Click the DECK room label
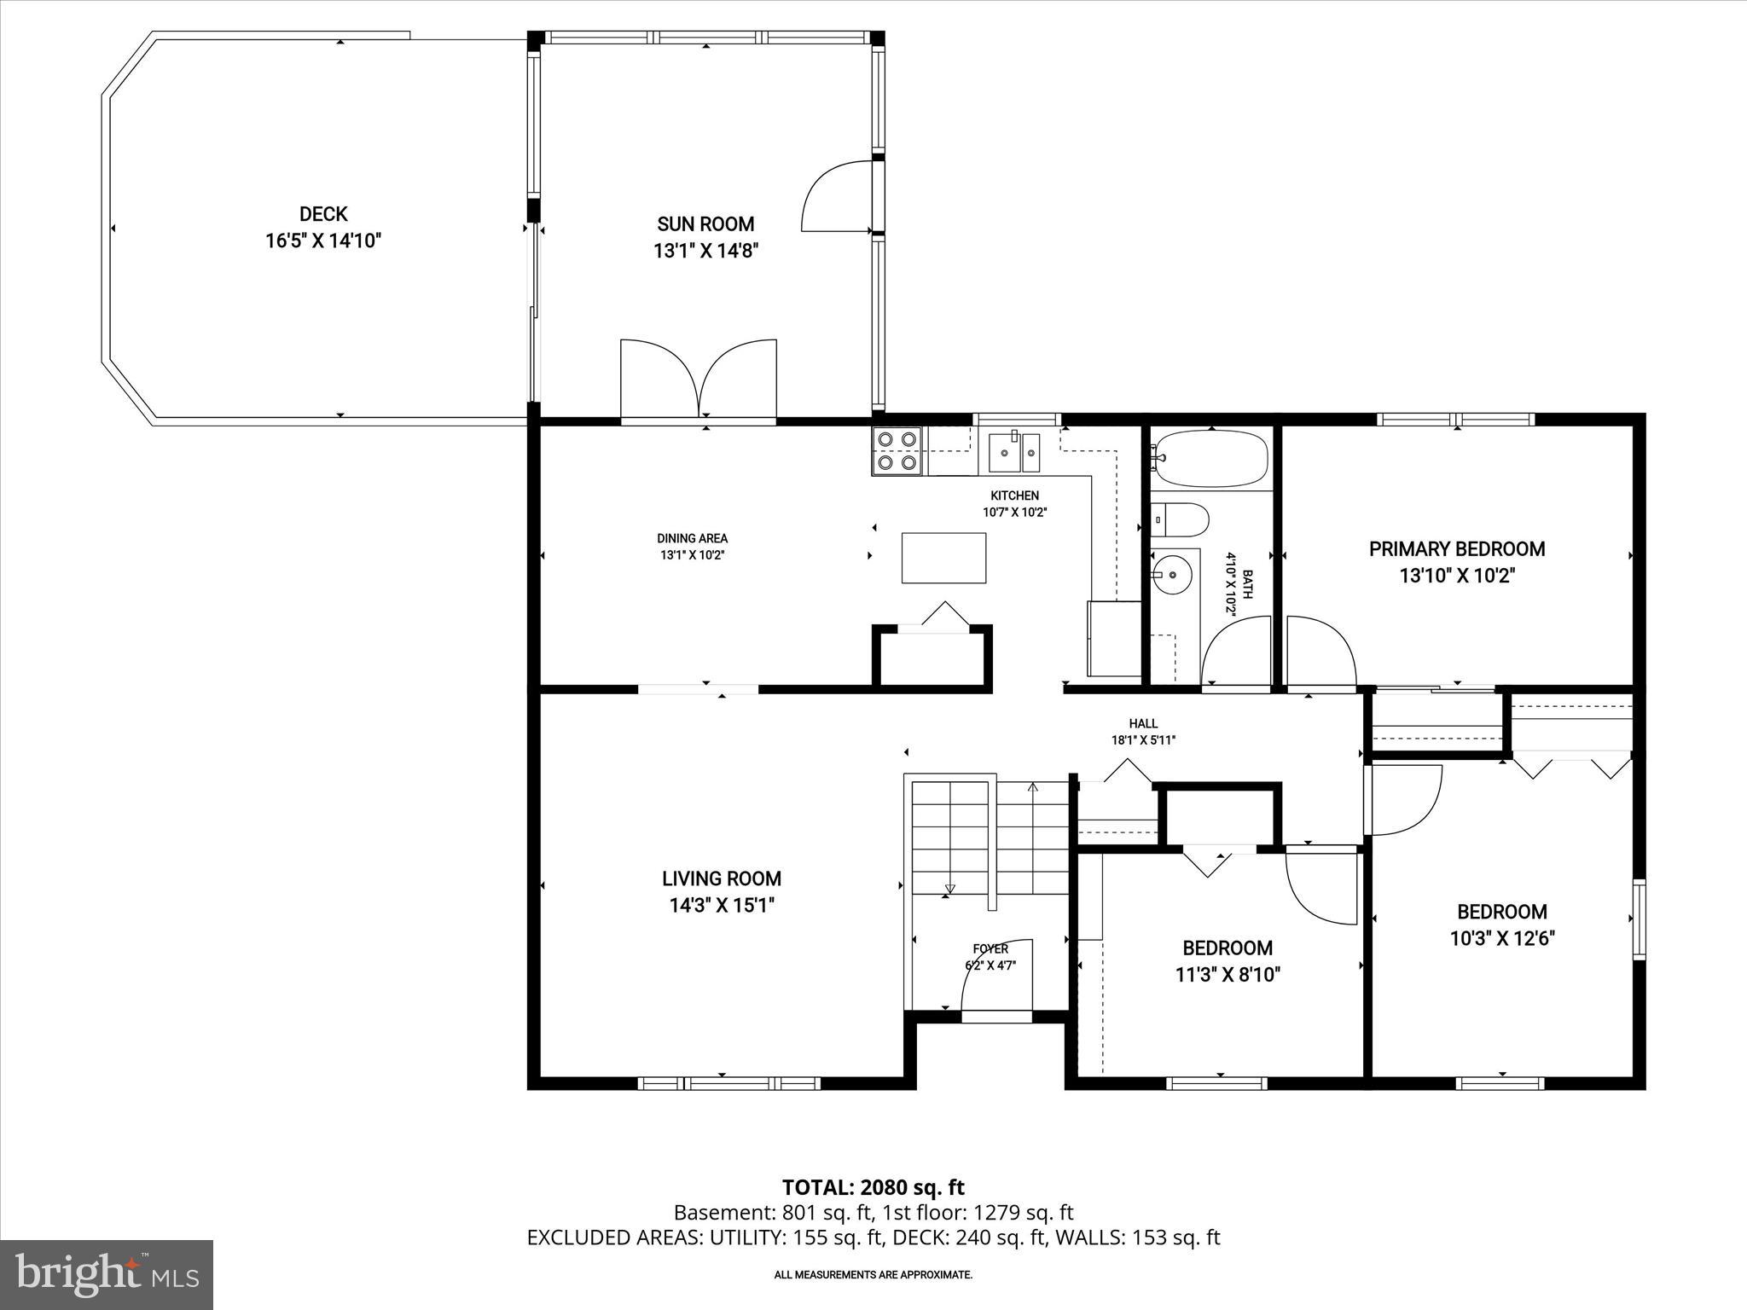point(323,214)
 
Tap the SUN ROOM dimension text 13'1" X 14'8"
point(705,251)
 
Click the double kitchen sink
point(1014,451)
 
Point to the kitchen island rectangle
point(943,558)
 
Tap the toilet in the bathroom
point(1181,518)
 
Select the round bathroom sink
point(1170,575)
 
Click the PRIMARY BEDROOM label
point(1457,549)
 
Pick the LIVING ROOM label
point(722,878)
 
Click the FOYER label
point(990,949)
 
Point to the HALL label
point(1143,723)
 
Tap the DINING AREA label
point(692,538)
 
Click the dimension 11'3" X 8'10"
point(1228,975)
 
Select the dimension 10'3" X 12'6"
point(1502,939)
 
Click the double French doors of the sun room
point(699,379)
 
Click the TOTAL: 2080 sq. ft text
point(873,1187)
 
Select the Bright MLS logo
point(107,1274)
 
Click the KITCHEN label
point(1014,496)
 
